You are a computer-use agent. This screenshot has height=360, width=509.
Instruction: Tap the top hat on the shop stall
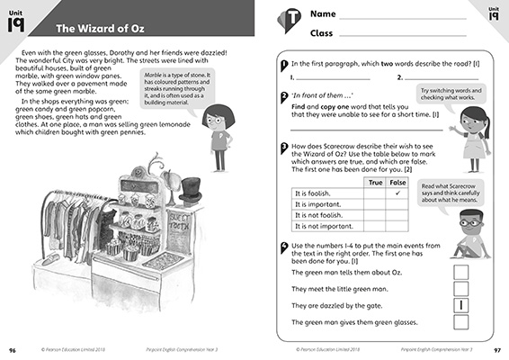point(190,191)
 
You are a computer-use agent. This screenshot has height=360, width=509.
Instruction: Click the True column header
point(376,182)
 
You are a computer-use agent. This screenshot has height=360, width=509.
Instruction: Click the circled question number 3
point(284,147)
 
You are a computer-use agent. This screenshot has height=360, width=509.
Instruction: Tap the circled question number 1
point(284,65)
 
